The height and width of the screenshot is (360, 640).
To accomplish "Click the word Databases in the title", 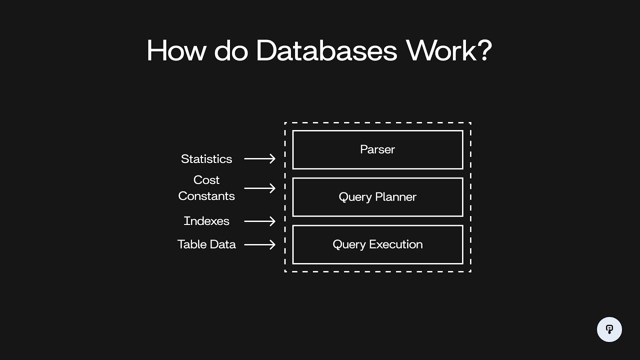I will pyautogui.click(x=326, y=50).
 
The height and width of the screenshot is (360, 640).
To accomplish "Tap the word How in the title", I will pyautogui.click(x=175, y=50).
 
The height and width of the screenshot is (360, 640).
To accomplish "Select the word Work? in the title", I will pyautogui.click(x=448, y=50).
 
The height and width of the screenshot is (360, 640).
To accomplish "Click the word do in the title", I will pyautogui.click(x=231, y=50).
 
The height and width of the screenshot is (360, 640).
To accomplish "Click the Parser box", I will pyautogui.click(x=377, y=149).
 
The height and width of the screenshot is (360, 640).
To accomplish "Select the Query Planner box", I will pyautogui.click(x=377, y=197).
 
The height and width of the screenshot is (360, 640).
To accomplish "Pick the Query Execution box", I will pyautogui.click(x=377, y=244).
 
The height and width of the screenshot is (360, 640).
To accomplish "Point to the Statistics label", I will pyautogui.click(x=206, y=159).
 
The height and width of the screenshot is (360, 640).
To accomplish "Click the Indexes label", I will pyautogui.click(x=206, y=221).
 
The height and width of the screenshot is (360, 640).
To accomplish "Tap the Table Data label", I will pyautogui.click(x=206, y=244).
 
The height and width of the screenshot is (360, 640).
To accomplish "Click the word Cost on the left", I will pyautogui.click(x=206, y=180).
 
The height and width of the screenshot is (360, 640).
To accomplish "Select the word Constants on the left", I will pyautogui.click(x=206, y=196).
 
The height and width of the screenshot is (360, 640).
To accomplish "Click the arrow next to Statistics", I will pyautogui.click(x=259, y=158).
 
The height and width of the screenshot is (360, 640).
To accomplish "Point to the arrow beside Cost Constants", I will pyautogui.click(x=259, y=188).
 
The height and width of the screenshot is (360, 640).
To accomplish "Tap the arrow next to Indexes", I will pyautogui.click(x=259, y=221).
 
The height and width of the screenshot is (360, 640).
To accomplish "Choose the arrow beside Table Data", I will pyautogui.click(x=259, y=244).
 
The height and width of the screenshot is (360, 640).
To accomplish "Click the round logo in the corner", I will pyautogui.click(x=609, y=329).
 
